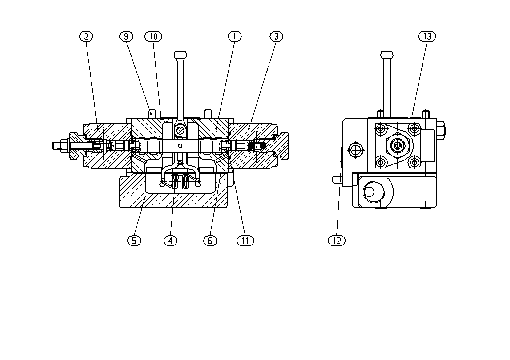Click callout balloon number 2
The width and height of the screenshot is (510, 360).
point(86,36)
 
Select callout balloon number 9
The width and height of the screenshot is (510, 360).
point(126,36)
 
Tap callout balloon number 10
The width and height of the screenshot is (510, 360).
point(153,36)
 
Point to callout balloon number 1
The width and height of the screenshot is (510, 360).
point(235,36)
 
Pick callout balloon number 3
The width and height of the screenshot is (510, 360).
point(277,36)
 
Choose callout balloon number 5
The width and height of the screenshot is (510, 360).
point(134,241)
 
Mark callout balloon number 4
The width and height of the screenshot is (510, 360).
point(171,241)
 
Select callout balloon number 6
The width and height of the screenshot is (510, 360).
point(210,241)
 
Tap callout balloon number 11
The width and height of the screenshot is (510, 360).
point(245,241)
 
